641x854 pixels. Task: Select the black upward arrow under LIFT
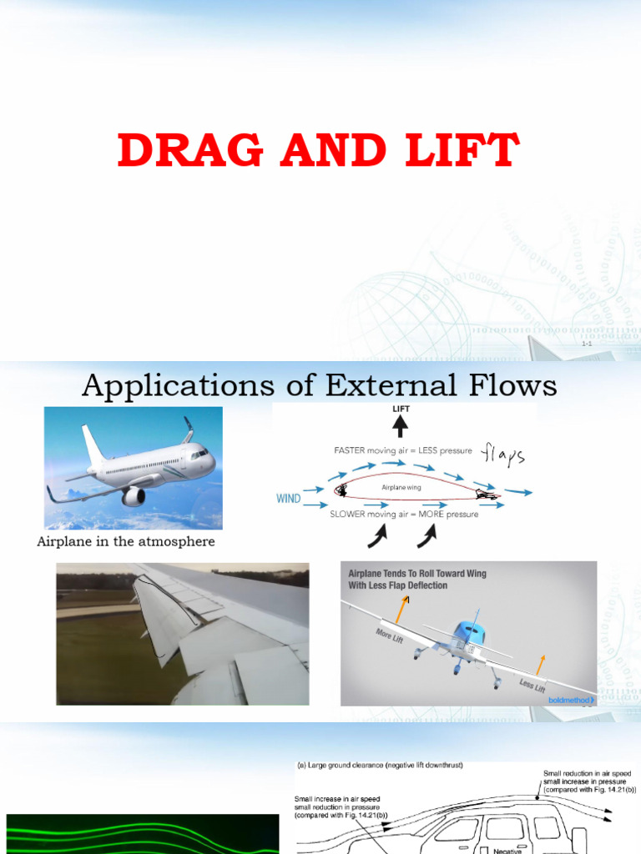[401, 425]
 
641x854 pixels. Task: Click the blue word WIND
[288, 498]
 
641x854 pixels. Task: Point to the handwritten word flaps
[503, 455]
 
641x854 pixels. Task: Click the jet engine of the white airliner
[134, 497]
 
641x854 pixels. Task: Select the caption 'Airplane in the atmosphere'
[126, 542]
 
